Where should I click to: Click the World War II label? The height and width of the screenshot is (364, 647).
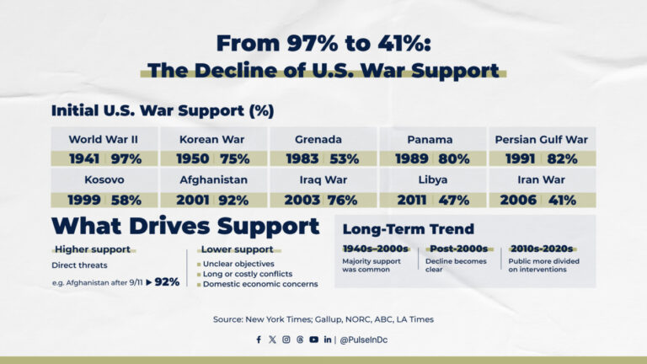(x=104, y=139)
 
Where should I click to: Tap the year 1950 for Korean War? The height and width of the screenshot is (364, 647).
(x=192, y=158)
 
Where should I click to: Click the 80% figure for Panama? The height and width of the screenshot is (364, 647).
(x=453, y=158)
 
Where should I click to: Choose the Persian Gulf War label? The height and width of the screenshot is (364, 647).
(x=541, y=139)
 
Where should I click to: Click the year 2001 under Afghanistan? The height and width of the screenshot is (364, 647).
(x=192, y=200)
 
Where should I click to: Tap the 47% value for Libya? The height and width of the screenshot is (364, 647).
(x=453, y=200)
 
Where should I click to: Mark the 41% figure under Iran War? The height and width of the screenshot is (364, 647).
(x=562, y=200)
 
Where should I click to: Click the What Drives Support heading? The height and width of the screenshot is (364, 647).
(x=185, y=226)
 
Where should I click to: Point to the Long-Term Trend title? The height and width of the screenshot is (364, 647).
(x=408, y=228)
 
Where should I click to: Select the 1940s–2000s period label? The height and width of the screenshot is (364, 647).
(x=375, y=249)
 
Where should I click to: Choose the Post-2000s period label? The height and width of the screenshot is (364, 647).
(x=458, y=249)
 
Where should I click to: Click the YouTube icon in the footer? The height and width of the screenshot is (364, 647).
(x=313, y=340)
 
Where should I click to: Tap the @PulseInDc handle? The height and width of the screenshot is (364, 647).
(x=364, y=340)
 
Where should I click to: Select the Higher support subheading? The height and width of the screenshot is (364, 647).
(x=93, y=249)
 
